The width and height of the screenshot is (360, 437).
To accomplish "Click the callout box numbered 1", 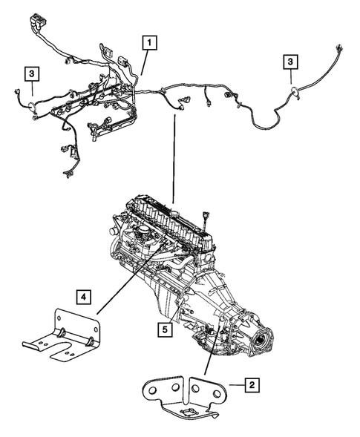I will (x=150, y=42).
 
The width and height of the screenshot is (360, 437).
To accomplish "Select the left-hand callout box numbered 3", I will (x=32, y=73).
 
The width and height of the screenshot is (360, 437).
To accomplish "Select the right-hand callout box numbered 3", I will (x=291, y=62).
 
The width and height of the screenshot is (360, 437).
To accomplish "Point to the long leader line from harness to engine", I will (x=174, y=156).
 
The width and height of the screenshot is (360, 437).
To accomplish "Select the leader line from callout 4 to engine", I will (x=119, y=282).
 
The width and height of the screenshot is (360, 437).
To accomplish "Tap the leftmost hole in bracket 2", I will (x=151, y=390).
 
